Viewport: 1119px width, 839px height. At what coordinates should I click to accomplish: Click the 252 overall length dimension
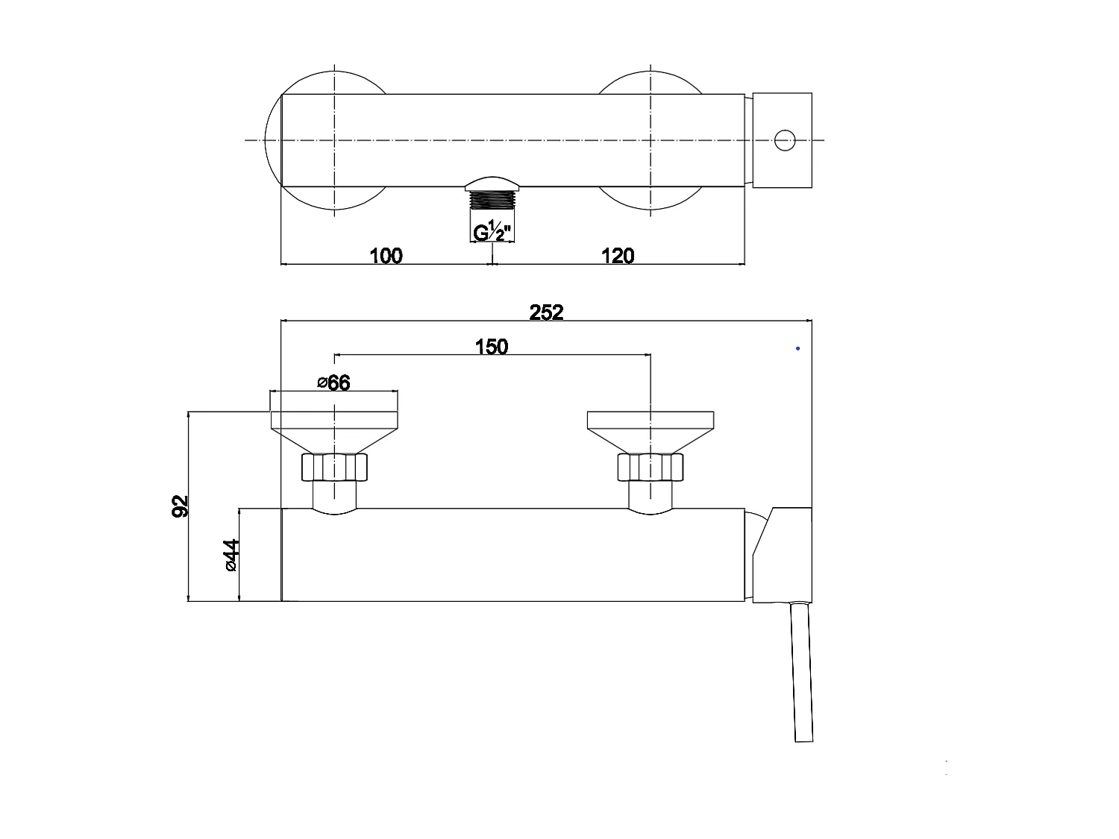[x=546, y=312]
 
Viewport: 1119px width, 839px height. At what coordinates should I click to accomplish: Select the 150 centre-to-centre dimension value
[x=492, y=347]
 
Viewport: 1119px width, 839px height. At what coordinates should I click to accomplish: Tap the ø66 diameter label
[x=333, y=383]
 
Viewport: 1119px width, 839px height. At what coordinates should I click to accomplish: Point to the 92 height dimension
[x=180, y=505]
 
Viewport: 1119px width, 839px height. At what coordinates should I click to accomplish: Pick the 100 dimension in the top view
[x=386, y=256]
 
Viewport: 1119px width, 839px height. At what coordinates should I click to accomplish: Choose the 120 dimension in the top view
[x=617, y=256]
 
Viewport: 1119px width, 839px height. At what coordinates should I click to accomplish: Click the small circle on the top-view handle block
[x=784, y=140]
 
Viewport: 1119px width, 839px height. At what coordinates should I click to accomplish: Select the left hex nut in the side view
[x=334, y=468]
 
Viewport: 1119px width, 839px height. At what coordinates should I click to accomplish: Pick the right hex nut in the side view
[x=651, y=468]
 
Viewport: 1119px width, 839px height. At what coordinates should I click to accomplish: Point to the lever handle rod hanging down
[x=802, y=671]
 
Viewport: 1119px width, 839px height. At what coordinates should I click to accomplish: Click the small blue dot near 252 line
[x=798, y=348]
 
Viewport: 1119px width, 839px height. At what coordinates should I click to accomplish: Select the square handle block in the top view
[x=782, y=140]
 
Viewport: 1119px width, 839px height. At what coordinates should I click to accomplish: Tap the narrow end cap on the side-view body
[x=282, y=554]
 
